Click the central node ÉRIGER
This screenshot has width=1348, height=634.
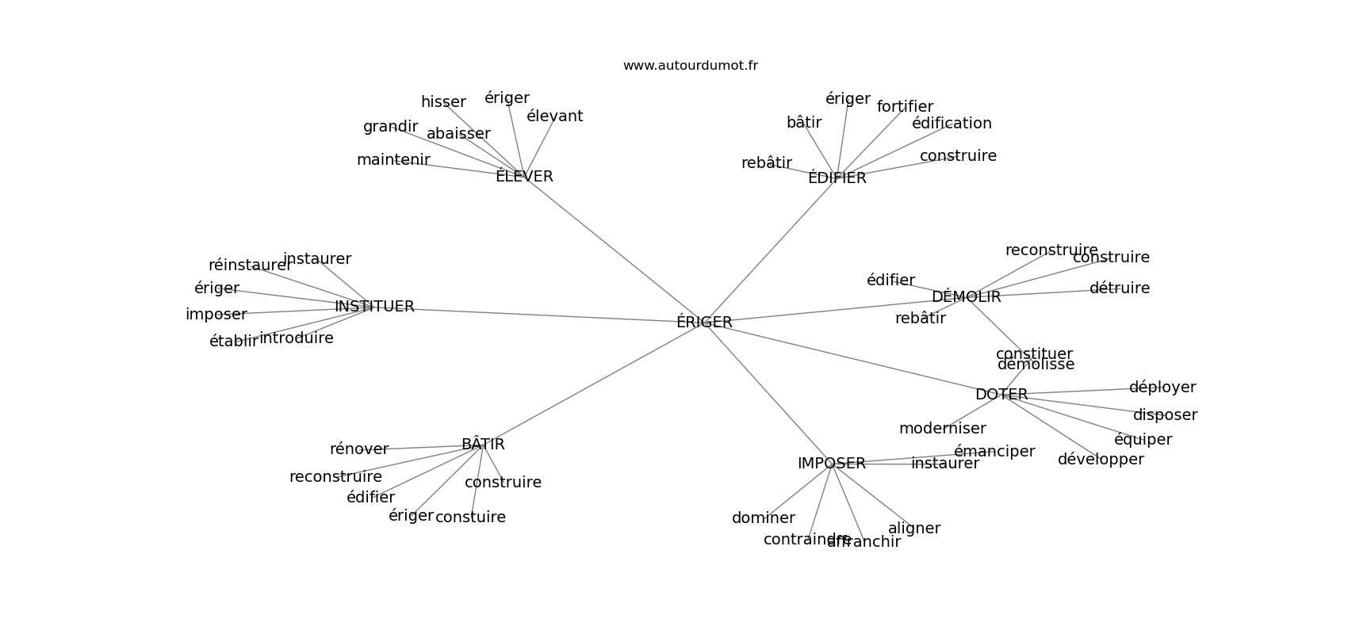704,323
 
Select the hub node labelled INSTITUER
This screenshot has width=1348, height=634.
374,307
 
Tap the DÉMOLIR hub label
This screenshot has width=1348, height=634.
966,297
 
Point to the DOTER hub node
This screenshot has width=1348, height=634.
1001,395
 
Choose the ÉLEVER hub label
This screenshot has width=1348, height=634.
524,177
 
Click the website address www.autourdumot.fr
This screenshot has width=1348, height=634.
690,66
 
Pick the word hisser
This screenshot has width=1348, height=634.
443,102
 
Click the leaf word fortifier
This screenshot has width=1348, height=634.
905,107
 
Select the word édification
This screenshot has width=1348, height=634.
952,124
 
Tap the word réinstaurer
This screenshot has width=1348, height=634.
250,265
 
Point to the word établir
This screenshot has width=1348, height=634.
233,342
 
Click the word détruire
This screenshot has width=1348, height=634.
1119,288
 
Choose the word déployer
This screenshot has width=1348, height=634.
1162,388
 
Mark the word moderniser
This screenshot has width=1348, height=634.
942,429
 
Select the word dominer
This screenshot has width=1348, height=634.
763,518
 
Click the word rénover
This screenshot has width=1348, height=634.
359,449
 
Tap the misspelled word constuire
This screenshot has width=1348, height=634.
470,518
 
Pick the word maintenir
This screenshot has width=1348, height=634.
393,160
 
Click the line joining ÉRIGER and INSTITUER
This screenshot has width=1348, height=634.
539,315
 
